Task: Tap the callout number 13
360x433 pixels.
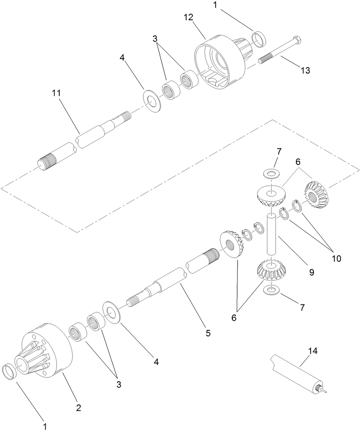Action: [x=305, y=70]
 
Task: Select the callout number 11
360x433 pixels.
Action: [x=56, y=93]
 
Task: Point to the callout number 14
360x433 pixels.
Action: [x=313, y=351]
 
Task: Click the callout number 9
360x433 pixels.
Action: [x=312, y=272]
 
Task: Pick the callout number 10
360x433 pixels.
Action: [x=336, y=258]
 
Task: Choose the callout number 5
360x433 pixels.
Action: [x=208, y=333]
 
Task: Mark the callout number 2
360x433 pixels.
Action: [x=79, y=408]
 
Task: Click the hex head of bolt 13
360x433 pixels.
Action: [x=299, y=41]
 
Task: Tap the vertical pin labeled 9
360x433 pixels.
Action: [x=270, y=234]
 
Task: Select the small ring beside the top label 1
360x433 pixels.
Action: [x=260, y=38]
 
